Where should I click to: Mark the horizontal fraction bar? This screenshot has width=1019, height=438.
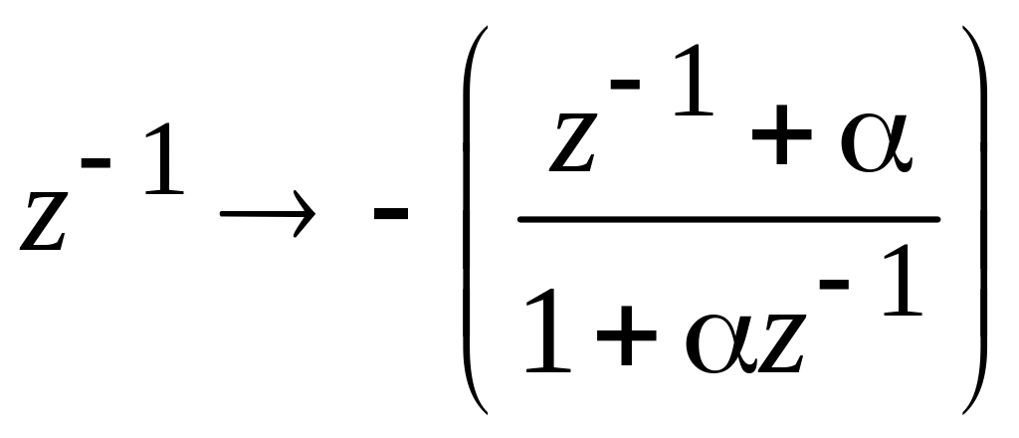click(727, 218)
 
